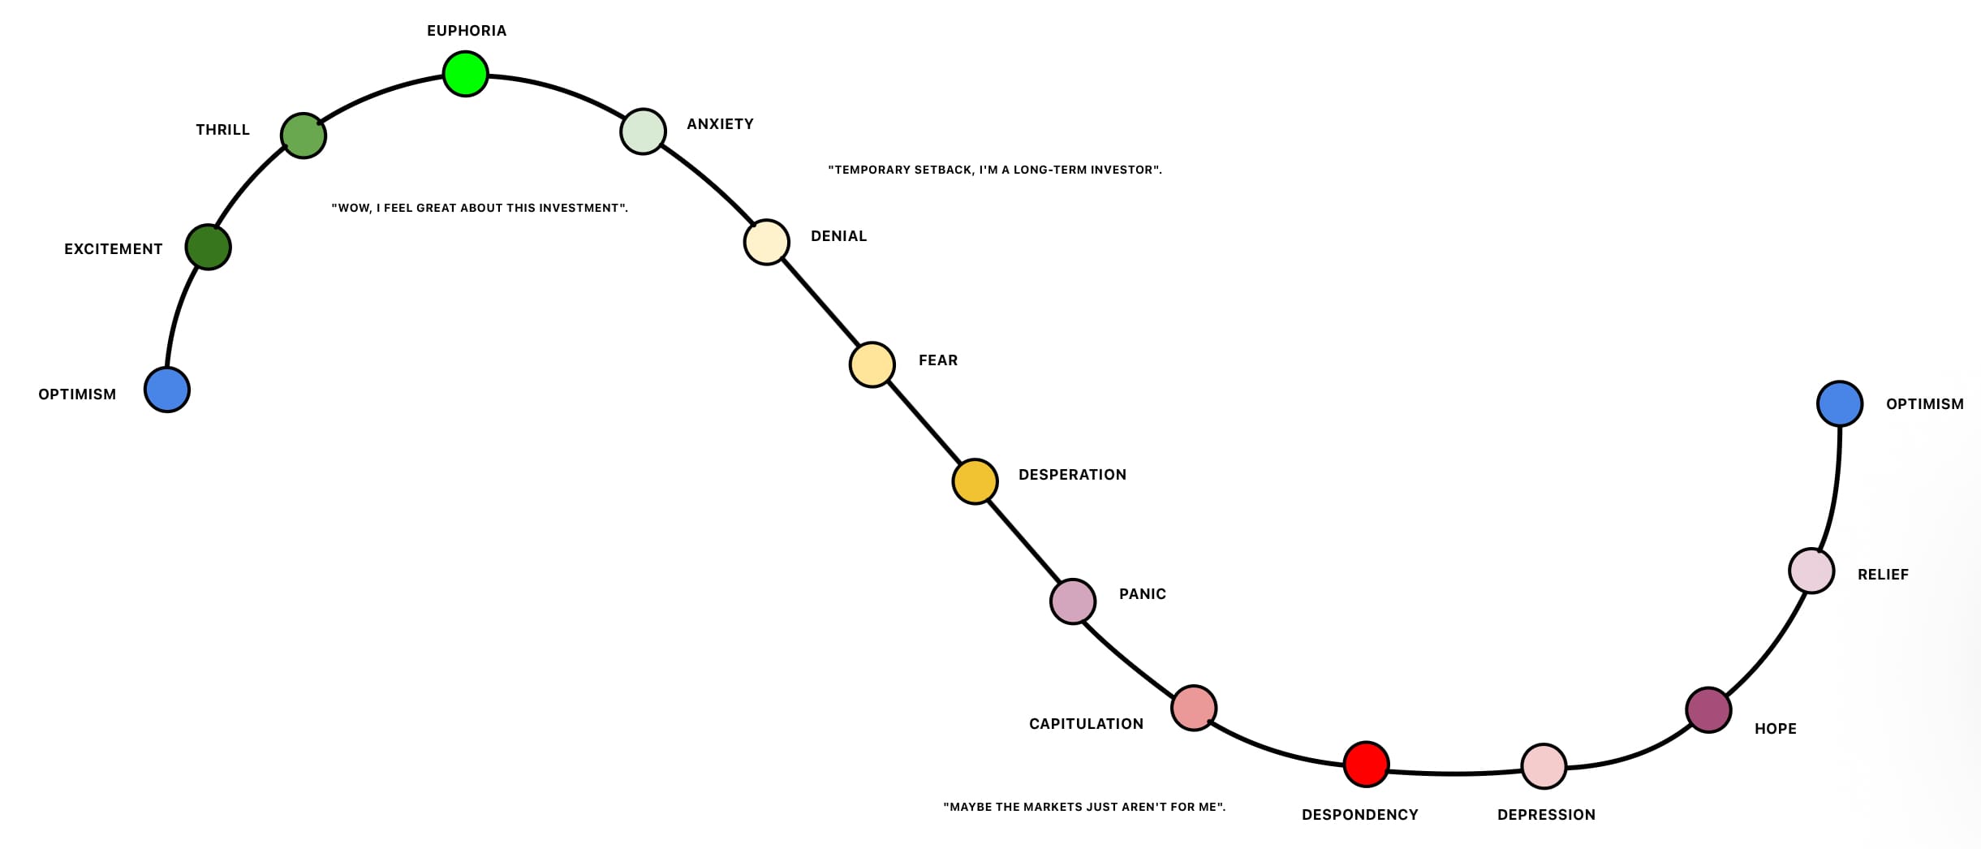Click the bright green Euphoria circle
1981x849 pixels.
pos(465,74)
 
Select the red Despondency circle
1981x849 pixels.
pos(1366,764)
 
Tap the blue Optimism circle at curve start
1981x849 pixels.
pos(167,390)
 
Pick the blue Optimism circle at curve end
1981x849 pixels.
pos(1839,403)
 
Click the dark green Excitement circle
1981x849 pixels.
pos(209,247)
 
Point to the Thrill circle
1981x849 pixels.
pos(304,136)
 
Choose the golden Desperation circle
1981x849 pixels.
pos(974,481)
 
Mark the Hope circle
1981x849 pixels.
pos(1708,709)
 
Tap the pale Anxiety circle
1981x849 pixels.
pos(643,131)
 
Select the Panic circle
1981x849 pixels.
pos(1073,601)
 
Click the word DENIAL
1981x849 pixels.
pos(838,236)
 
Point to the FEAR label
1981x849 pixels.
pos(937,360)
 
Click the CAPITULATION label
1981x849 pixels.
pos(1086,724)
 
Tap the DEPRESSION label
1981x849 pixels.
pos(1546,815)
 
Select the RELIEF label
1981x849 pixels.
pos(1883,575)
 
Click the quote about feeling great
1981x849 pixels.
pos(480,208)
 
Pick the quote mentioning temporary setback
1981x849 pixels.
pos(994,170)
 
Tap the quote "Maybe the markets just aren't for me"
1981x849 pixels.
pos(1083,807)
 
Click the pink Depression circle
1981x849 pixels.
pos(1543,765)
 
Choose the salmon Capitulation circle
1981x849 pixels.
pos(1193,708)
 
